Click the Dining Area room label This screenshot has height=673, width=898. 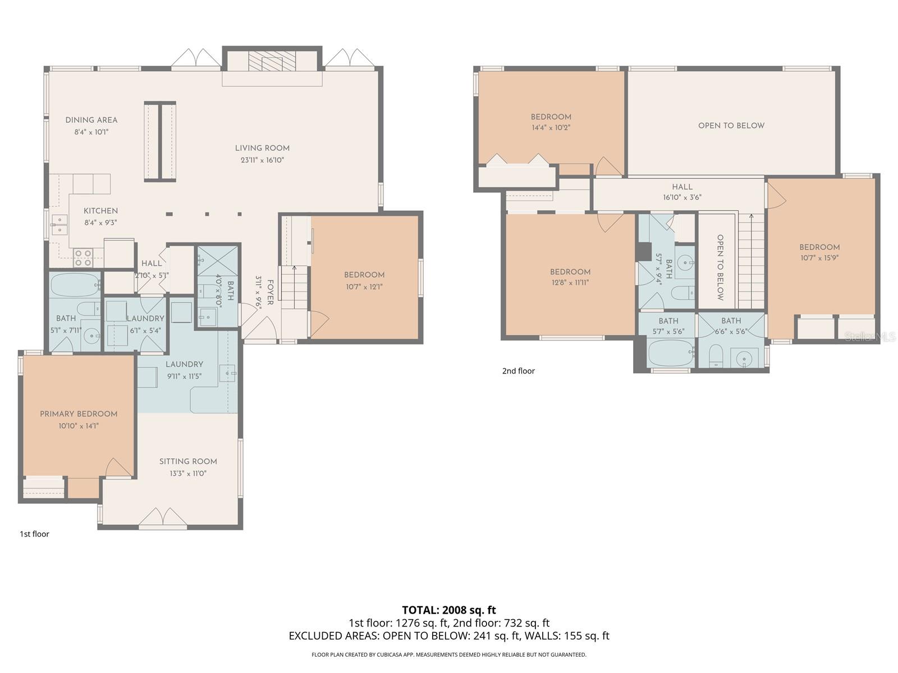91,120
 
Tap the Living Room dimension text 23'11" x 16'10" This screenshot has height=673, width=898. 262,160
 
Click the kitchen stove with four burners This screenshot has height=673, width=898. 83,257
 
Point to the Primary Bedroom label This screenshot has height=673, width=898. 79,414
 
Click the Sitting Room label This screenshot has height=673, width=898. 188,462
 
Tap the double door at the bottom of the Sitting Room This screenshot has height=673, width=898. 162,518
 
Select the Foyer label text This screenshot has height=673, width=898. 270,293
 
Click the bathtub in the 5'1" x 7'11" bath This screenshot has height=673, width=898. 74,285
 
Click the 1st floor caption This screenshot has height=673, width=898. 34,534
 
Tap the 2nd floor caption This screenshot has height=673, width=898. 518,371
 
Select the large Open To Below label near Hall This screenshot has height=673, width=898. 731,126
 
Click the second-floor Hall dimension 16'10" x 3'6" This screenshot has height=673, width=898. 682,197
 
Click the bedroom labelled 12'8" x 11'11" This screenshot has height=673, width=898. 570,277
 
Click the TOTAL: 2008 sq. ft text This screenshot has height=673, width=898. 448,610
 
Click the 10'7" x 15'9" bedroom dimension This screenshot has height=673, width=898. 819,259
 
